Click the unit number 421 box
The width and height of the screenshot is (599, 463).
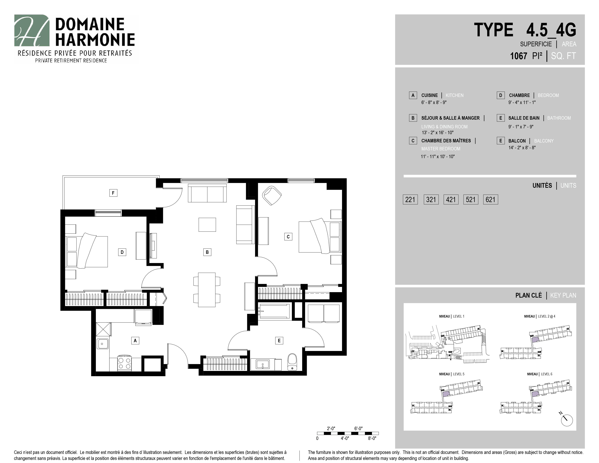(451, 199)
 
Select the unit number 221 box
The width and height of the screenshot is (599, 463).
(410, 199)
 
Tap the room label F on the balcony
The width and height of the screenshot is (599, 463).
(113, 193)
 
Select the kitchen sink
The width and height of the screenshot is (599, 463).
(103, 344)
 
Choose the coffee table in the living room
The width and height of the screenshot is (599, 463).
(207, 225)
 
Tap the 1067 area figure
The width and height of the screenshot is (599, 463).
(518, 56)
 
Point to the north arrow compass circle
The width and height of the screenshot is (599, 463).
(567, 420)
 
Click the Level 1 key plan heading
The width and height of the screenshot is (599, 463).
(451, 316)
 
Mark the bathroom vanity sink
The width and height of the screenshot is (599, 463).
(263, 365)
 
